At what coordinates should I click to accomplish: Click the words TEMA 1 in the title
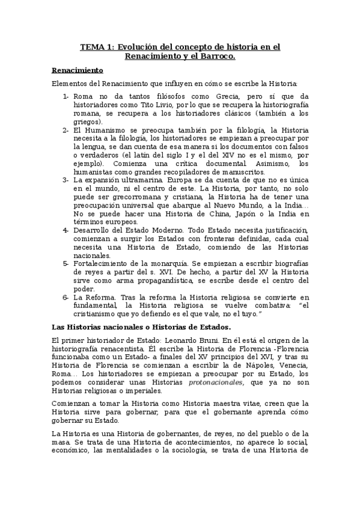click(96, 46)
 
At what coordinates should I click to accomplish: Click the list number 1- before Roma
click(66, 96)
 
